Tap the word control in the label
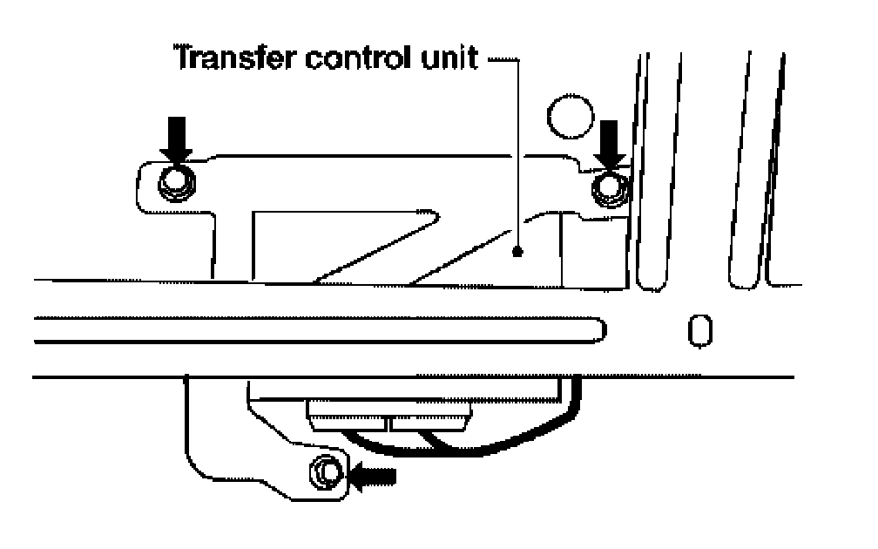click(x=342, y=60)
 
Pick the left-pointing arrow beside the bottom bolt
click(x=374, y=476)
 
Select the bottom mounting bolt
click(x=326, y=473)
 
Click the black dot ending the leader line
click(x=517, y=252)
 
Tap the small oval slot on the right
click(x=698, y=329)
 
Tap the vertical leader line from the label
click(x=517, y=157)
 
